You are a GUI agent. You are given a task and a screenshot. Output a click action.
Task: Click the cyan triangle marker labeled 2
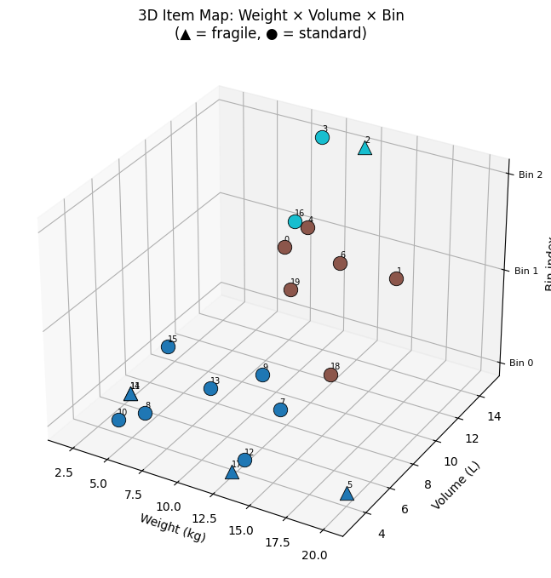[x=364, y=148]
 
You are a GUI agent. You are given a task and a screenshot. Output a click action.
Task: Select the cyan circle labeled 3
[x=322, y=137]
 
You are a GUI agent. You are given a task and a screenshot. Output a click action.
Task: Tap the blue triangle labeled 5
[x=347, y=494]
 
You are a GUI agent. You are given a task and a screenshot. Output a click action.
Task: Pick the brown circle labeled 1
[x=396, y=278]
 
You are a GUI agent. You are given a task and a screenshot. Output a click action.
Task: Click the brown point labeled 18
[x=330, y=375]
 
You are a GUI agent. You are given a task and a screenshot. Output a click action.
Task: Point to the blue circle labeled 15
[x=168, y=346]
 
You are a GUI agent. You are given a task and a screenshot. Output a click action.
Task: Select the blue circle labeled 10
[x=118, y=420]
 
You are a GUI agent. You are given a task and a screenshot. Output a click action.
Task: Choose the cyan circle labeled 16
[x=295, y=221]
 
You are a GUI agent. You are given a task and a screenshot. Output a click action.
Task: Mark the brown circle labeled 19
[x=290, y=289]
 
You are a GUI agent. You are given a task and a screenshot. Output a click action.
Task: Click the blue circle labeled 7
[x=280, y=409]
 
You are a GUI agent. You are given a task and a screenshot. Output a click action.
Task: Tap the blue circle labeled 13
[x=210, y=388]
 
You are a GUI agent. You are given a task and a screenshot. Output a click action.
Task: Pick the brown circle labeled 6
[x=340, y=263]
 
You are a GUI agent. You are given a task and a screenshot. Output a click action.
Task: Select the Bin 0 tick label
[x=521, y=363]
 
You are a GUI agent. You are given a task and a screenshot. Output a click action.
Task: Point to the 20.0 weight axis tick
[x=314, y=556]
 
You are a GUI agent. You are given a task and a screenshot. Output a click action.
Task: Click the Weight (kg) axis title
[x=172, y=528]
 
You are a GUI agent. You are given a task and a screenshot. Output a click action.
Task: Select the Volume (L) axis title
[x=456, y=485]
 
